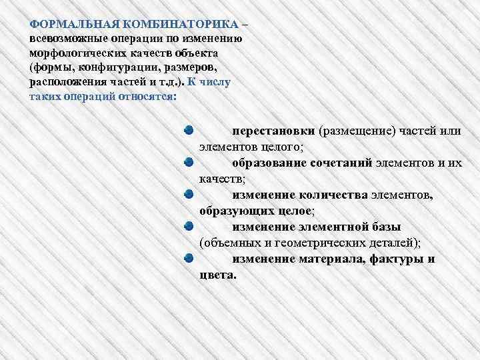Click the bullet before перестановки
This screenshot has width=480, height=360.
pyautogui.click(x=189, y=129)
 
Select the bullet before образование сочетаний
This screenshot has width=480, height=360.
pyautogui.click(x=189, y=161)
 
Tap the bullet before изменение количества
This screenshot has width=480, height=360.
pyautogui.click(x=189, y=193)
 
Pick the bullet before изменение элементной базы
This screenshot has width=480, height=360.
pyautogui.click(x=189, y=225)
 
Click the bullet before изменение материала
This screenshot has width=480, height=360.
pyautogui.click(x=189, y=257)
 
